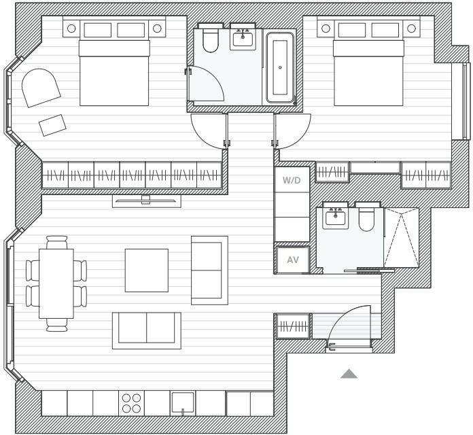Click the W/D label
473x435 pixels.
(292, 181)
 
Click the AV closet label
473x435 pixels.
(293, 260)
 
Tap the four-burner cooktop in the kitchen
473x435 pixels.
(130, 402)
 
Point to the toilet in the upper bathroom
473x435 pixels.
(208, 40)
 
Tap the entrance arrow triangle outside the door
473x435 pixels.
(349, 373)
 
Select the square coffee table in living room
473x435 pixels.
(146, 270)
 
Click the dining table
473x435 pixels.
(56, 283)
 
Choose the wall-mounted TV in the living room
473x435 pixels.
(146, 199)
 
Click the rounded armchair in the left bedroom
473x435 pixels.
(39, 87)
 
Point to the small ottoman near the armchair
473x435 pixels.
(53, 124)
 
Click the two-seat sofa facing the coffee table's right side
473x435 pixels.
(209, 270)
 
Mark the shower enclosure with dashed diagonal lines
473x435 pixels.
(401, 238)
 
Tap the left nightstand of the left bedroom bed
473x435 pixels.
(71, 29)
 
